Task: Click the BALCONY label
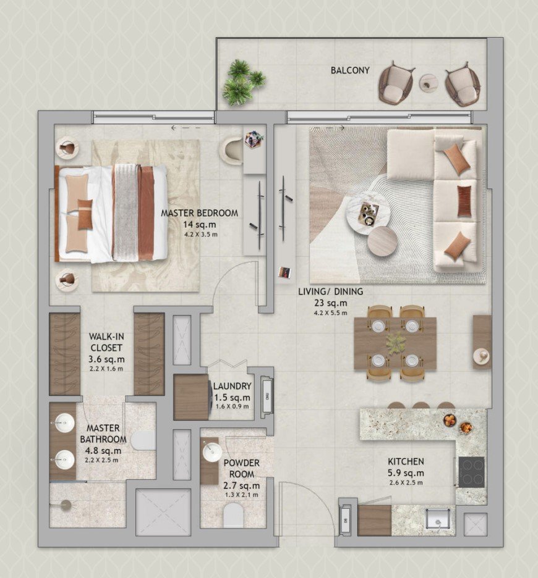click(x=349, y=70)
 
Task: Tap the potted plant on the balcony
click(x=242, y=82)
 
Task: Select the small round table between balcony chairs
click(x=429, y=83)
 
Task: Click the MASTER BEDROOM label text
click(x=199, y=213)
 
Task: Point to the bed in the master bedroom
click(x=111, y=212)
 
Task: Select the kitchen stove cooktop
click(x=471, y=472)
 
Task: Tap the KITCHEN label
click(x=406, y=461)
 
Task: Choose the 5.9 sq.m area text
click(x=406, y=474)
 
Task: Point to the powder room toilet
click(x=234, y=515)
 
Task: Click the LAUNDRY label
click(x=231, y=386)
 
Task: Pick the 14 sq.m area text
click(x=199, y=224)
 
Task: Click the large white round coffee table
click(x=367, y=211)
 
